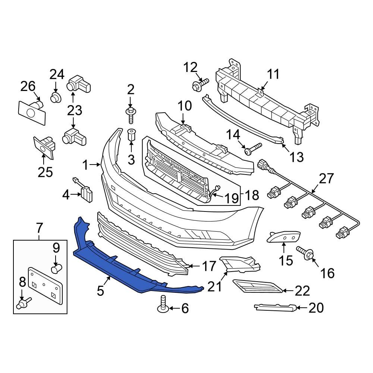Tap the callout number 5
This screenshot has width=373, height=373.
click(x=100, y=291)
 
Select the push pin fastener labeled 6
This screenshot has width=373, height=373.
click(x=163, y=304)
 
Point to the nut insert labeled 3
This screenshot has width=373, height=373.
click(x=131, y=135)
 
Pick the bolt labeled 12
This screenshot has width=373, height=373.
click(x=198, y=85)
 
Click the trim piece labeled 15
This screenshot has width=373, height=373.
click(x=283, y=236)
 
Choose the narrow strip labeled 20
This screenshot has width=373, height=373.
click(x=276, y=307)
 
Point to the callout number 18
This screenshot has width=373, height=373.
click(x=252, y=195)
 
